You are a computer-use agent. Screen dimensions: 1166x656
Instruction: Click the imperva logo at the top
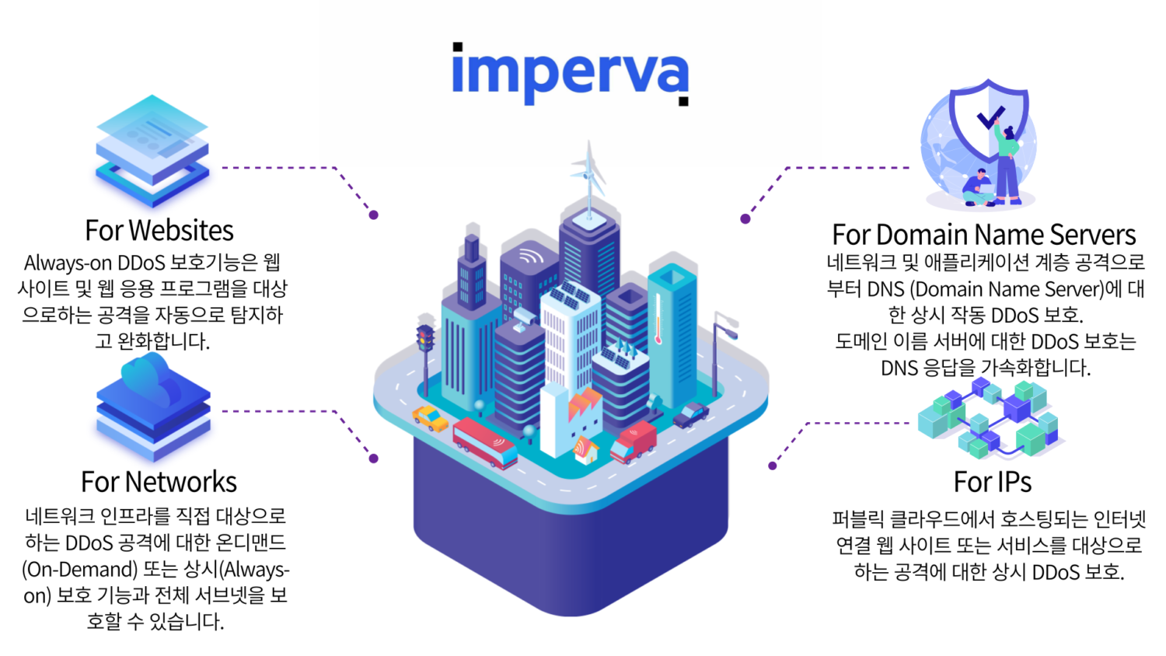pos(571,74)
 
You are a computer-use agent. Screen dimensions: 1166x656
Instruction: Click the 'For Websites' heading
pos(159,230)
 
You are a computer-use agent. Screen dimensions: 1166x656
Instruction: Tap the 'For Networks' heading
pos(159,482)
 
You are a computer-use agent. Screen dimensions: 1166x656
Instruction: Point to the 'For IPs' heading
pos(992,482)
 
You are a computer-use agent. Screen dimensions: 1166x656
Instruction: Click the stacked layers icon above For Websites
pos(152,151)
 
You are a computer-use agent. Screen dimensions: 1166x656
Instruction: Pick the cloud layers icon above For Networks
pos(154,407)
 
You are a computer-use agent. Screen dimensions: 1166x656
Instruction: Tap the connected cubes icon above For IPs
pos(988,419)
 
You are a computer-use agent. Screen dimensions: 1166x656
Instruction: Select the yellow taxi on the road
pos(430,419)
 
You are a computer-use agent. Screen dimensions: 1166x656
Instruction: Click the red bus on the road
pos(484,443)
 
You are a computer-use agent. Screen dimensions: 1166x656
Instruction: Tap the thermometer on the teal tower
pos(658,319)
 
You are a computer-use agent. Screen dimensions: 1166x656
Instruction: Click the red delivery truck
pos(633,443)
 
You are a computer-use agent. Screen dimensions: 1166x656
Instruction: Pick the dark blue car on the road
pos(691,415)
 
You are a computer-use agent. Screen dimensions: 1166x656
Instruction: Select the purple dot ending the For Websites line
pos(374,215)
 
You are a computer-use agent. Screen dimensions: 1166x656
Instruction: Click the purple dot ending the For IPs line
pos(773,466)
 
